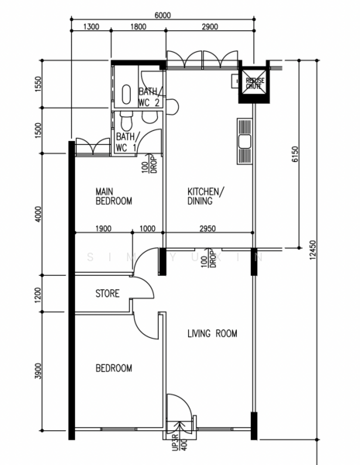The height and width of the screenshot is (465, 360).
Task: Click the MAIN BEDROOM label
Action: tap(113, 195)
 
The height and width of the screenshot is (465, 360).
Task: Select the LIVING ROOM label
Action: tap(212, 334)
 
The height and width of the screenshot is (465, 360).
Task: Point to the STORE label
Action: tap(107, 294)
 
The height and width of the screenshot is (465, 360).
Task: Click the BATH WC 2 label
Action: tap(149, 97)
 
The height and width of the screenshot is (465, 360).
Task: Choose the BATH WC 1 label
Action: tap(126, 143)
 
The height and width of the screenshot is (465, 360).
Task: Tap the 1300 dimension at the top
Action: tap(90, 27)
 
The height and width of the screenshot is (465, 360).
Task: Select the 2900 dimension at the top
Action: tap(209, 27)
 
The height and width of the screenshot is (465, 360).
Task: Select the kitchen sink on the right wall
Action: tap(245, 141)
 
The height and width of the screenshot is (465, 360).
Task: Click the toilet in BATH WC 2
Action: tap(127, 93)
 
